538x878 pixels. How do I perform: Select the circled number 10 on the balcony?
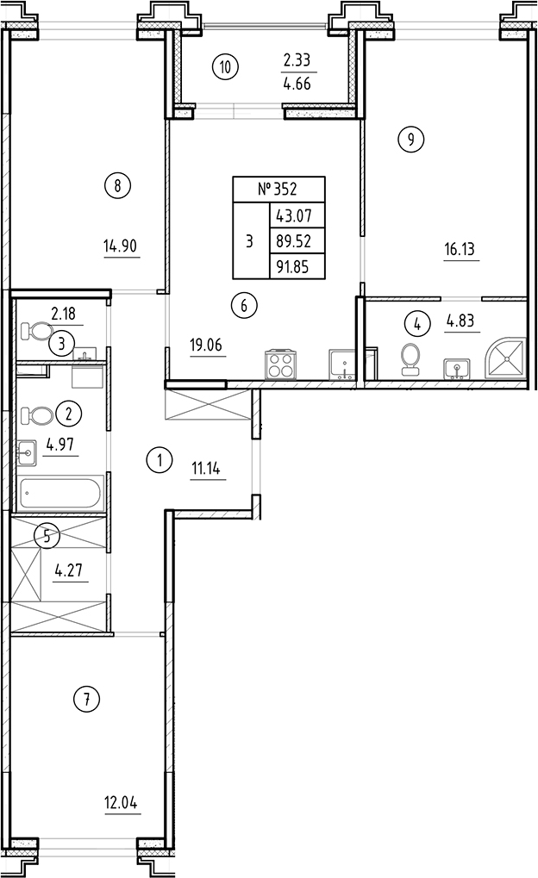click(x=225, y=66)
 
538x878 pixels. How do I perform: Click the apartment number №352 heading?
click(x=278, y=190)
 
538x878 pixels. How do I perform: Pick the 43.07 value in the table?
click(x=297, y=215)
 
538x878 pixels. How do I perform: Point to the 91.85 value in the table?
click(x=297, y=267)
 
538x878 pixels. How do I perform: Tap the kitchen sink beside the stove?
click(x=342, y=365)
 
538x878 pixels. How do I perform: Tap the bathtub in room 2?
click(x=60, y=495)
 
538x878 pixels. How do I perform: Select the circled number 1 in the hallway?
click(x=160, y=460)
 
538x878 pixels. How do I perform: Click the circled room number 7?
click(x=86, y=699)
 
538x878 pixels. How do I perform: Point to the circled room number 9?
click(x=410, y=139)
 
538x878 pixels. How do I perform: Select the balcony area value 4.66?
click(x=297, y=84)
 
